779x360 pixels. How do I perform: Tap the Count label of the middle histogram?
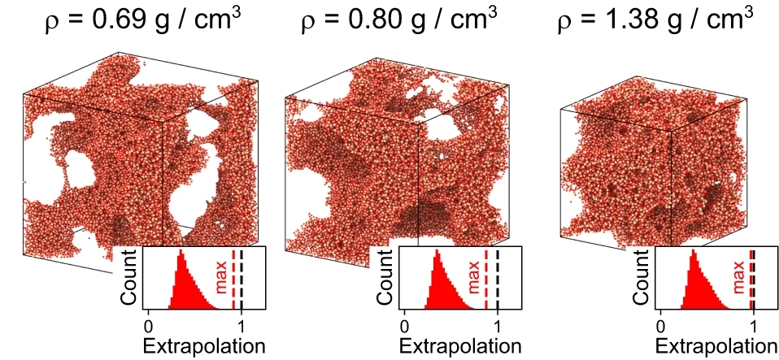(386, 277)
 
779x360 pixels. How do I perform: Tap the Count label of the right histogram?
(642, 277)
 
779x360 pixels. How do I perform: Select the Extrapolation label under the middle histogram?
(461, 346)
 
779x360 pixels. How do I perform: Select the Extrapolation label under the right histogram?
(718, 346)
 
